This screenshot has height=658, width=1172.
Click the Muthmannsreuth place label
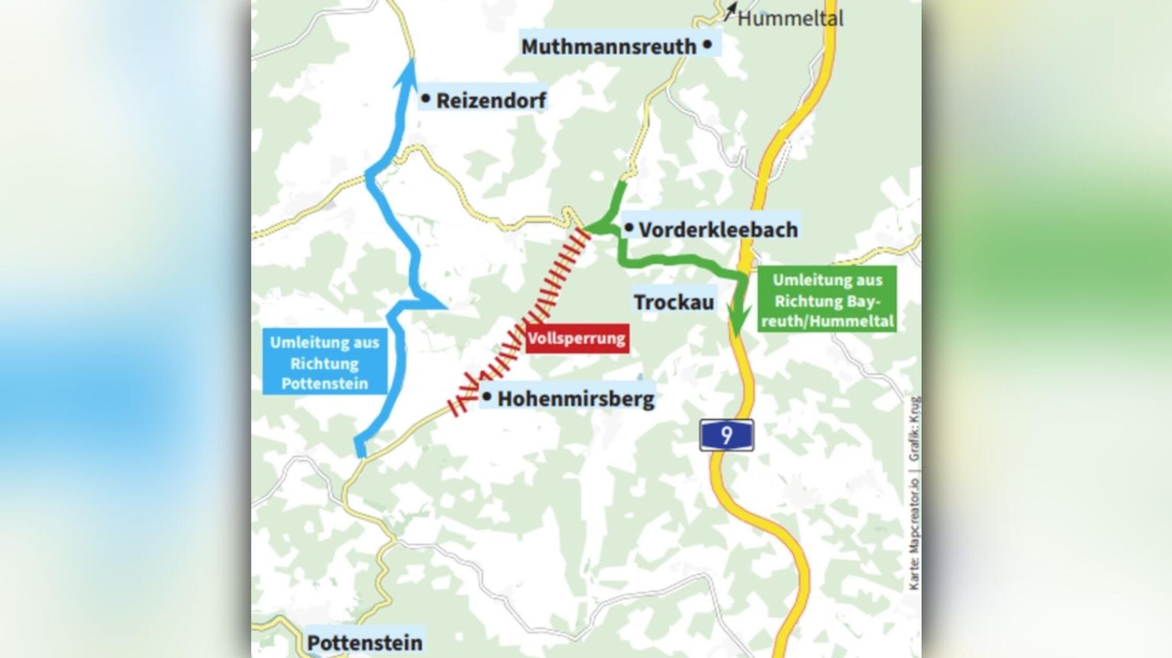click(x=608, y=47)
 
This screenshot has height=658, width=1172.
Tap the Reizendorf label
click(x=491, y=100)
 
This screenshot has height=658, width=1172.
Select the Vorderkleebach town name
click(x=718, y=229)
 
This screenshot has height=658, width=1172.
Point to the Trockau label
click(x=674, y=302)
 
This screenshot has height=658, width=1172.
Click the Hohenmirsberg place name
click(x=576, y=399)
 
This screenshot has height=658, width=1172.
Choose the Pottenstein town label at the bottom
click(x=365, y=642)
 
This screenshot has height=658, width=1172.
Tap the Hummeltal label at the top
click(x=790, y=19)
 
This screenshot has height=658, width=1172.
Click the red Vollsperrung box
click(x=577, y=338)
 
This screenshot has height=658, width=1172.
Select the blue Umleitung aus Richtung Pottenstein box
click(x=324, y=363)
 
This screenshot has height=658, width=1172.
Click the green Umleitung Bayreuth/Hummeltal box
click(x=827, y=301)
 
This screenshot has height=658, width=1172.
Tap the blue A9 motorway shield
click(x=726, y=435)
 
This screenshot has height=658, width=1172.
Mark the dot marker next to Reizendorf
click(x=425, y=98)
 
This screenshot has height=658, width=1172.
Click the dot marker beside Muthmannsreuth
click(x=707, y=44)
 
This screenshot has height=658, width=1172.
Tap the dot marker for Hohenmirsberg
click(x=487, y=397)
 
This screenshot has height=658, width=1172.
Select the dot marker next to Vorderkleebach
click(x=629, y=227)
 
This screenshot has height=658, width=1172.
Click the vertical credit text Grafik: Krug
click(x=914, y=429)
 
